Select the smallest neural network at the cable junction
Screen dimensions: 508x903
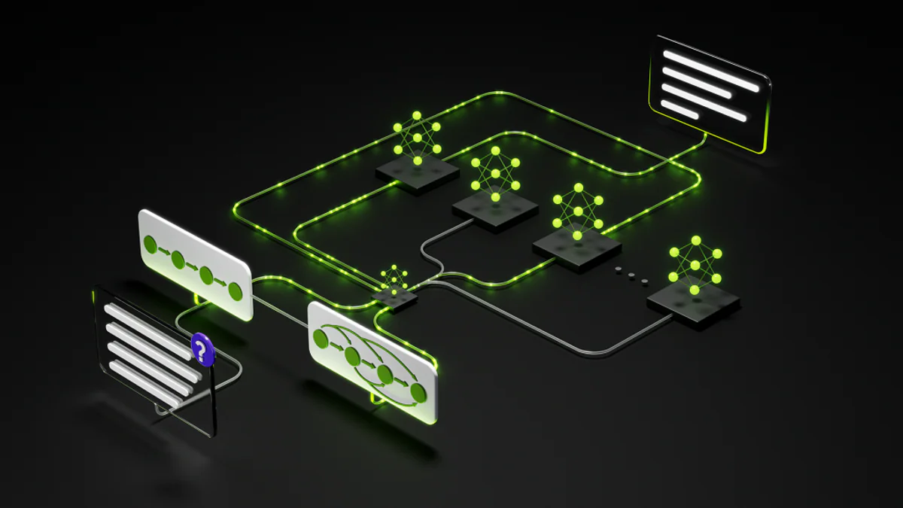click(394, 280)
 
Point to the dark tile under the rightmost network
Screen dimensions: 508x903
click(693, 304)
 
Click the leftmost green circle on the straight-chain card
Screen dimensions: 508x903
click(150, 245)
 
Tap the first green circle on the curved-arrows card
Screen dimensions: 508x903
click(321, 339)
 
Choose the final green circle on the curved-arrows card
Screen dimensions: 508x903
click(418, 392)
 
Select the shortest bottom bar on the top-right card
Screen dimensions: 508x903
click(679, 109)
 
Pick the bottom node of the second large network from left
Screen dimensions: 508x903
click(495, 197)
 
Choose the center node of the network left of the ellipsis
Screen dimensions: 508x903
click(578, 211)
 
